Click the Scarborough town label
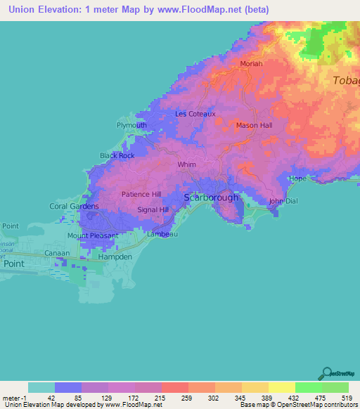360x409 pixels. [212, 197]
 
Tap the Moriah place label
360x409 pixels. [251, 64]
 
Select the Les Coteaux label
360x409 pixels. [195, 114]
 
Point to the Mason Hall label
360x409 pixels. [254, 126]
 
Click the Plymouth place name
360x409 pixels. [131, 126]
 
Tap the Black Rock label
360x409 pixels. [117, 155]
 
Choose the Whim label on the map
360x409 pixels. [186, 165]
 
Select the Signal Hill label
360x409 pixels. [153, 209]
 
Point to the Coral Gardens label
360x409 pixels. [74, 206]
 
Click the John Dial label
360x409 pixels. [284, 202]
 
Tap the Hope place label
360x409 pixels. [297, 178]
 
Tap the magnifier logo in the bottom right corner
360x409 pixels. [327, 375]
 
